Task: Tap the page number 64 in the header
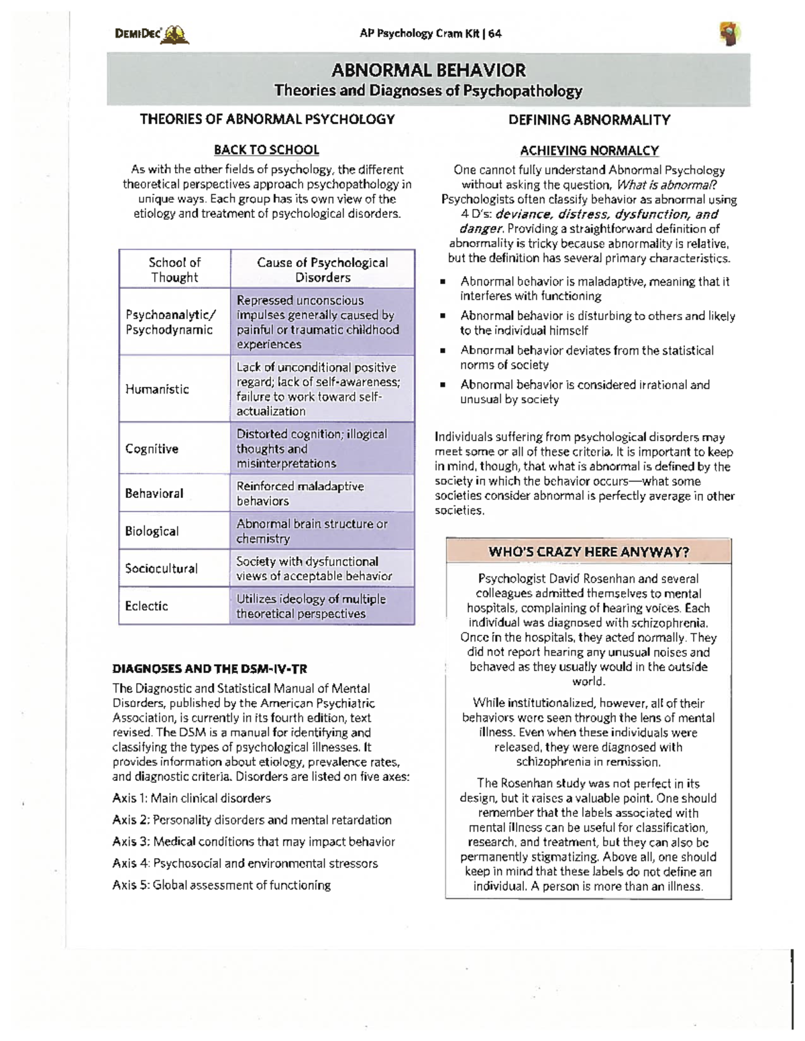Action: pyautogui.click(x=494, y=34)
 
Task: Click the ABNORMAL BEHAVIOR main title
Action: pyautogui.click(x=429, y=70)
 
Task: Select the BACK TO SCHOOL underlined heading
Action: pyautogui.click(x=266, y=149)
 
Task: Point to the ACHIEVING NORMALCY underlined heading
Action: pyautogui.click(x=589, y=151)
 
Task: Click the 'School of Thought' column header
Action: pyautogui.click(x=174, y=269)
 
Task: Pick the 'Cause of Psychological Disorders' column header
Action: pyautogui.click(x=322, y=269)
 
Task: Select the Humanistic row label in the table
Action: pyautogui.click(x=157, y=389)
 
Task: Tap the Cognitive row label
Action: pyautogui.click(x=152, y=448)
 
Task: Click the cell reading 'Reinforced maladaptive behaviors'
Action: pyautogui.click(x=300, y=493)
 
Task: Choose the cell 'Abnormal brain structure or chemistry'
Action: pyautogui.click(x=311, y=531)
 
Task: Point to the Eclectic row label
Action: pyautogui.click(x=146, y=606)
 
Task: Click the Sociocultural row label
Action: pyautogui.click(x=161, y=568)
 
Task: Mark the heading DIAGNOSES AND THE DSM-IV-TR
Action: pyautogui.click(x=209, y=668)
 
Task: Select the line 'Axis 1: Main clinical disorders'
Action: pyautogui.click(x=192, y=798)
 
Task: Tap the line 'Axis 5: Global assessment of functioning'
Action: pyautogui.click(x=221, y=885)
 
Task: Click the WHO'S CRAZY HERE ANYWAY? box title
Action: pyautogui.click(x=588, y=552)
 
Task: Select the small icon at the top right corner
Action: pyautogui.click(x=729, y=33)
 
